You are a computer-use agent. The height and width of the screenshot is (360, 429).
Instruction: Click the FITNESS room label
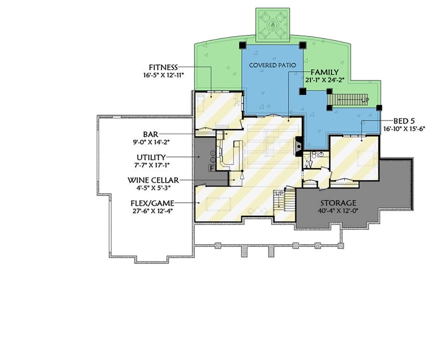[163, 67]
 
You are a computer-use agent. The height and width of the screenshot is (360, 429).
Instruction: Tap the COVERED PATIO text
[272, 65]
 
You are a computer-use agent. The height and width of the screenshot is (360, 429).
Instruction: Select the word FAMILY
[324, 72]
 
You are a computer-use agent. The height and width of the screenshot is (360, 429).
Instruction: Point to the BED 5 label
[396, 121]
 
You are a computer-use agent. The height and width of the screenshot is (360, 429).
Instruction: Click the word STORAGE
[338, 203]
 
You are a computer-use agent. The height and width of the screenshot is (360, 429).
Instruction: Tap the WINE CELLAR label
[153, 180]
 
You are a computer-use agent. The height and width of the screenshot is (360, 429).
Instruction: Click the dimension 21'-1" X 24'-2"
[324, 80]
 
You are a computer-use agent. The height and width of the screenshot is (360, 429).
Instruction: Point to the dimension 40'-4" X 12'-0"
[338, 211]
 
